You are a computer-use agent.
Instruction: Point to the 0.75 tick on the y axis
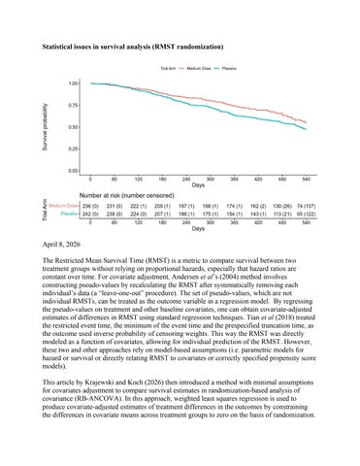click(x=74, y=105)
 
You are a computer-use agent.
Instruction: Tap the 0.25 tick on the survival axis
click(x=74, y=149)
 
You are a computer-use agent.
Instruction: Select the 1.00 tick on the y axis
click(x=74, y=83)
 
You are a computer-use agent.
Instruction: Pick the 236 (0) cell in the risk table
click(x=90, y=206)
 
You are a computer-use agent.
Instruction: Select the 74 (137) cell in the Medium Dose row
click(x=307, y=206)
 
